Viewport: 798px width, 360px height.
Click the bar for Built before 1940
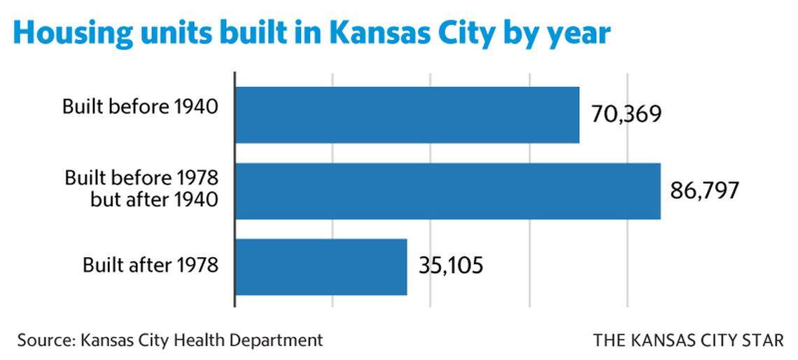[407, 115]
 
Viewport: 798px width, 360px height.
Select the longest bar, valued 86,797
[447, 191]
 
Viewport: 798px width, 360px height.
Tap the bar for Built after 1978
[321, 267]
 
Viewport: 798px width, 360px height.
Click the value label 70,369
[626, 113]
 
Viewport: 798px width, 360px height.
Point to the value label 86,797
[704, 191]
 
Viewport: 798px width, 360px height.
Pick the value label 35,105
[451, 266]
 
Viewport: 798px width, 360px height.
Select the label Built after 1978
[150, 265]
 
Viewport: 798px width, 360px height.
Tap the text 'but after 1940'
[155, 200]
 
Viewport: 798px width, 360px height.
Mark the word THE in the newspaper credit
[609, 341]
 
